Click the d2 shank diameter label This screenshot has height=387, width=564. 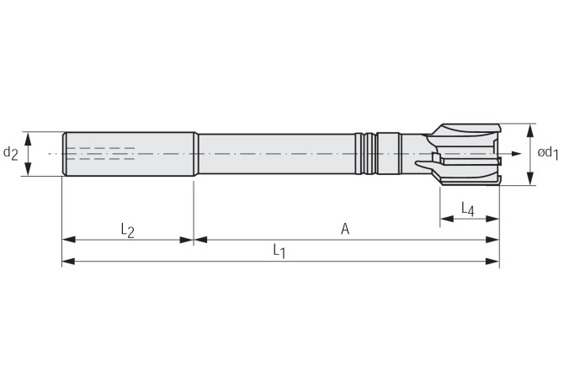(10, 153)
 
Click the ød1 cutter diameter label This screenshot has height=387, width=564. (548, 153)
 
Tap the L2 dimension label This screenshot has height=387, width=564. (127, 231)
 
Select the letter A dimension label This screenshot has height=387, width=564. (345, 229)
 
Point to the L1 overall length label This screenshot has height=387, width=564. (279, 251)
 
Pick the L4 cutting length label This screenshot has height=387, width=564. (468, 209)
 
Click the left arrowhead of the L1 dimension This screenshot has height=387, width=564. (68, 262)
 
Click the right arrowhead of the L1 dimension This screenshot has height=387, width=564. (492, 262)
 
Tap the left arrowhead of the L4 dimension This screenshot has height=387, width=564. (447, 219)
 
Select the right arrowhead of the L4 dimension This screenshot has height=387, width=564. (492, 219)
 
